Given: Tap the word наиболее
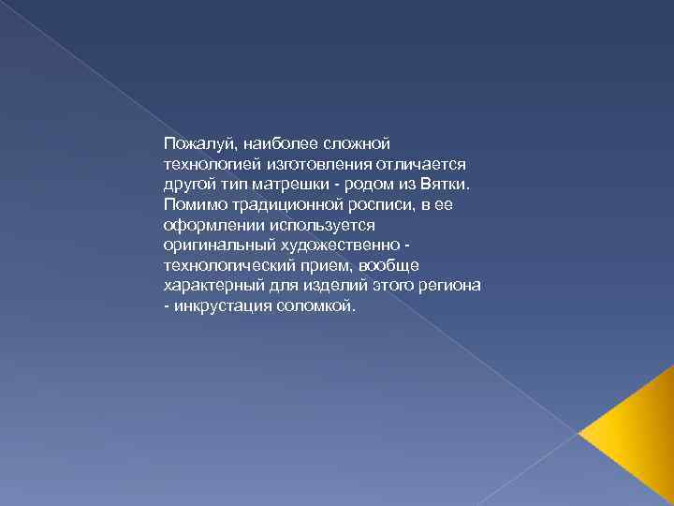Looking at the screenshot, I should [282, 143].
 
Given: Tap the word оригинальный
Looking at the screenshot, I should [213, 245].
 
